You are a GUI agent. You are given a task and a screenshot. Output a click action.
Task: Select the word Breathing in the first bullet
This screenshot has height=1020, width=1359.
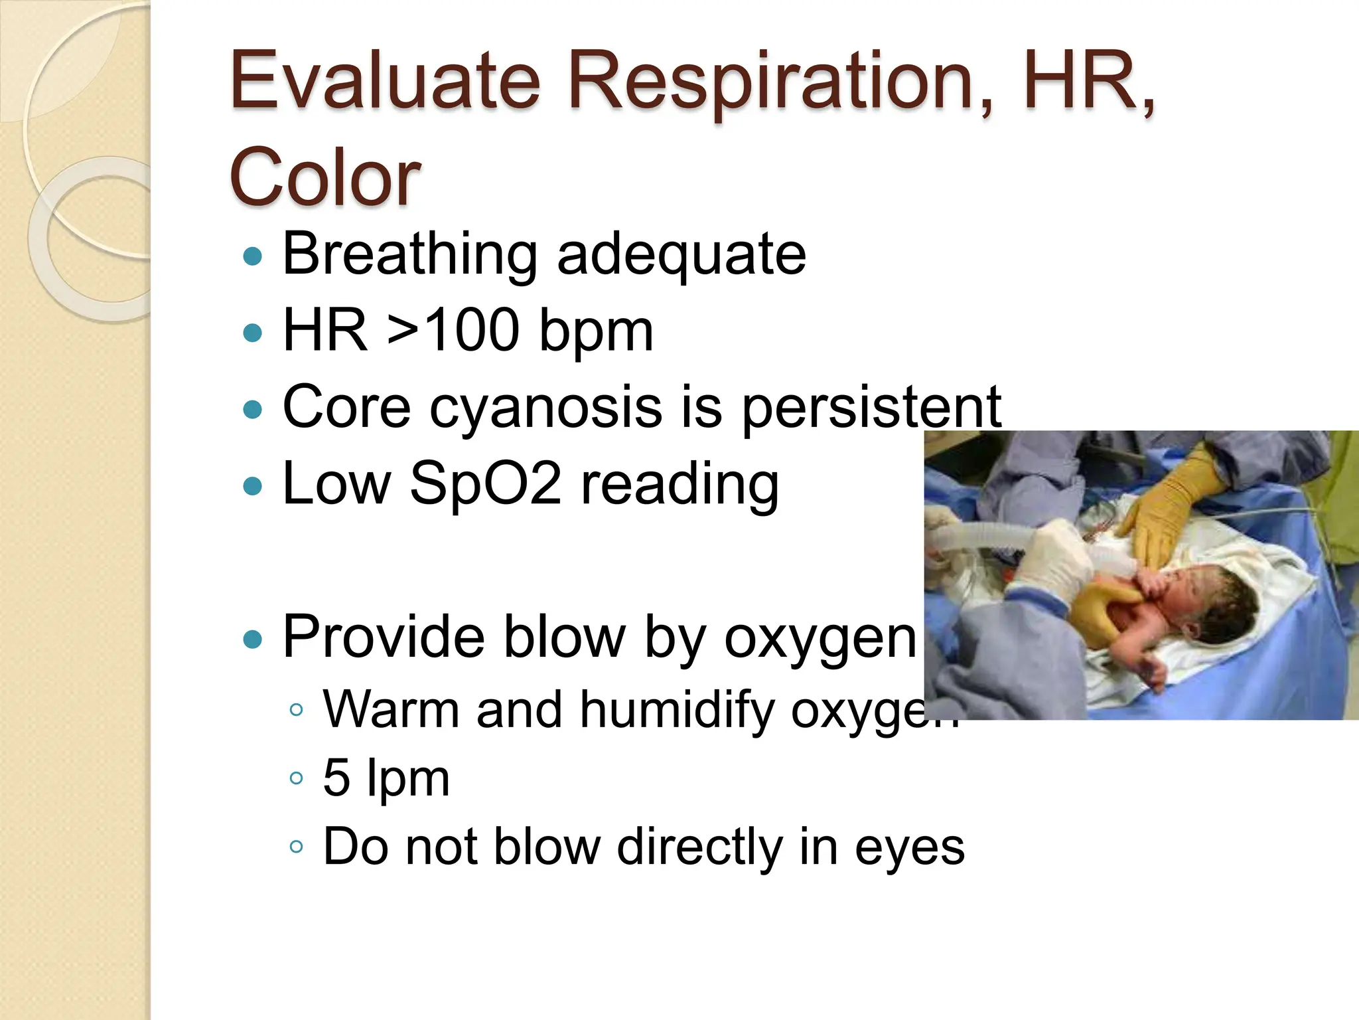point(410,254)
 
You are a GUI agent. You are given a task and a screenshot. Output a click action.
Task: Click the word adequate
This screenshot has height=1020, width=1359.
point(681,254)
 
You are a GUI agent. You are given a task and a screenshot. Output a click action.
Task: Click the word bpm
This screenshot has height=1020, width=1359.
point(595,332)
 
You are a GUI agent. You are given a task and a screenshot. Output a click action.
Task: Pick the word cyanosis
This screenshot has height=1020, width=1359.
point(545,407)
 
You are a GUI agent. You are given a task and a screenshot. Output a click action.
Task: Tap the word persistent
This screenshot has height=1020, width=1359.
point(871,407)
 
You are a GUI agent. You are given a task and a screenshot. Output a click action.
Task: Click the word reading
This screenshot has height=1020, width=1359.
point(679,485)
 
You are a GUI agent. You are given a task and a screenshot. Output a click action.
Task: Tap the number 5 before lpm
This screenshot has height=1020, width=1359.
point(336,778)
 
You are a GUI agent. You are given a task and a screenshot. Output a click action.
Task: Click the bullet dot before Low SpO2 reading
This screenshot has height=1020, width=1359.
point(253,486)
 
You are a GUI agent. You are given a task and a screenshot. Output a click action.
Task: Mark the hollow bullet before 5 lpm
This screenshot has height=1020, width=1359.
point(297,778)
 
